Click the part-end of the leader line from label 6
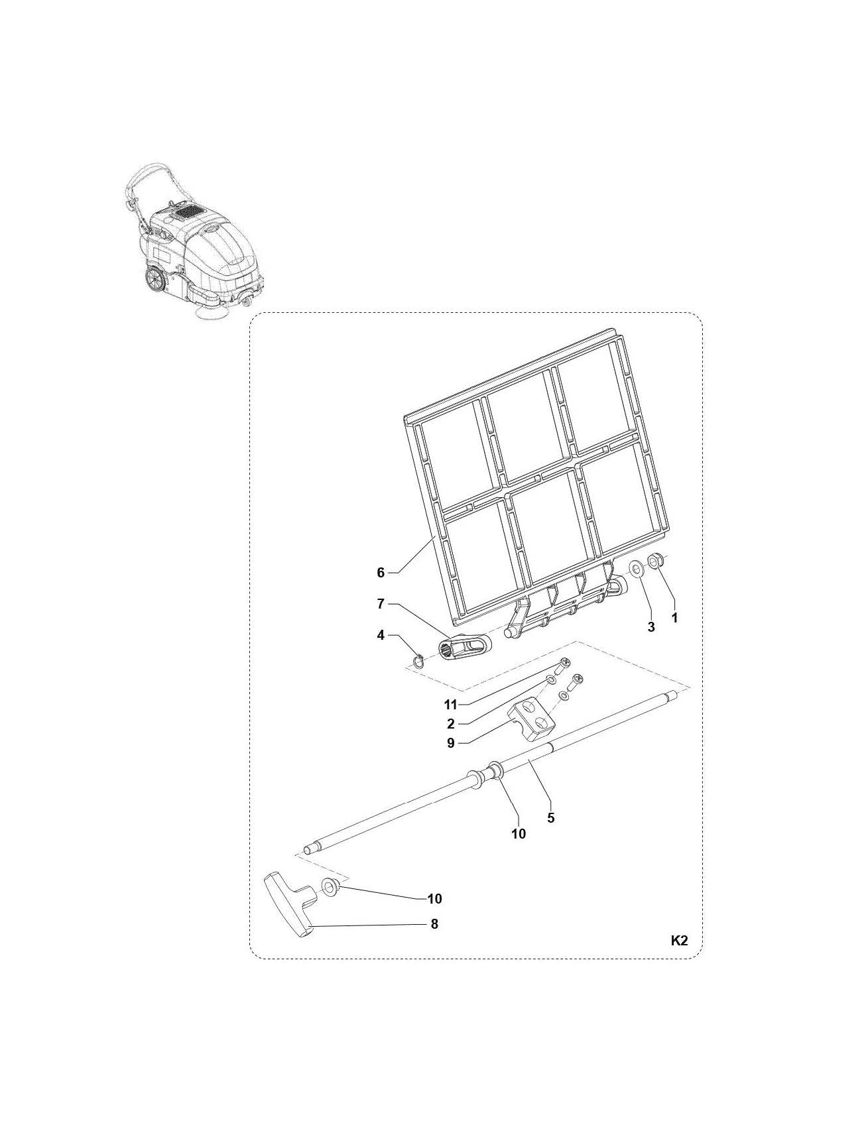point(434,536)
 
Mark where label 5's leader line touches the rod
point(529,762)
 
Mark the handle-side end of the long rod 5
point(307,849)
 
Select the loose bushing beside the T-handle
point(330,886)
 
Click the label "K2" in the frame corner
point(679,940)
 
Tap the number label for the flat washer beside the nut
point(651,626)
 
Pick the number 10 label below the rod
point(518,833)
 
